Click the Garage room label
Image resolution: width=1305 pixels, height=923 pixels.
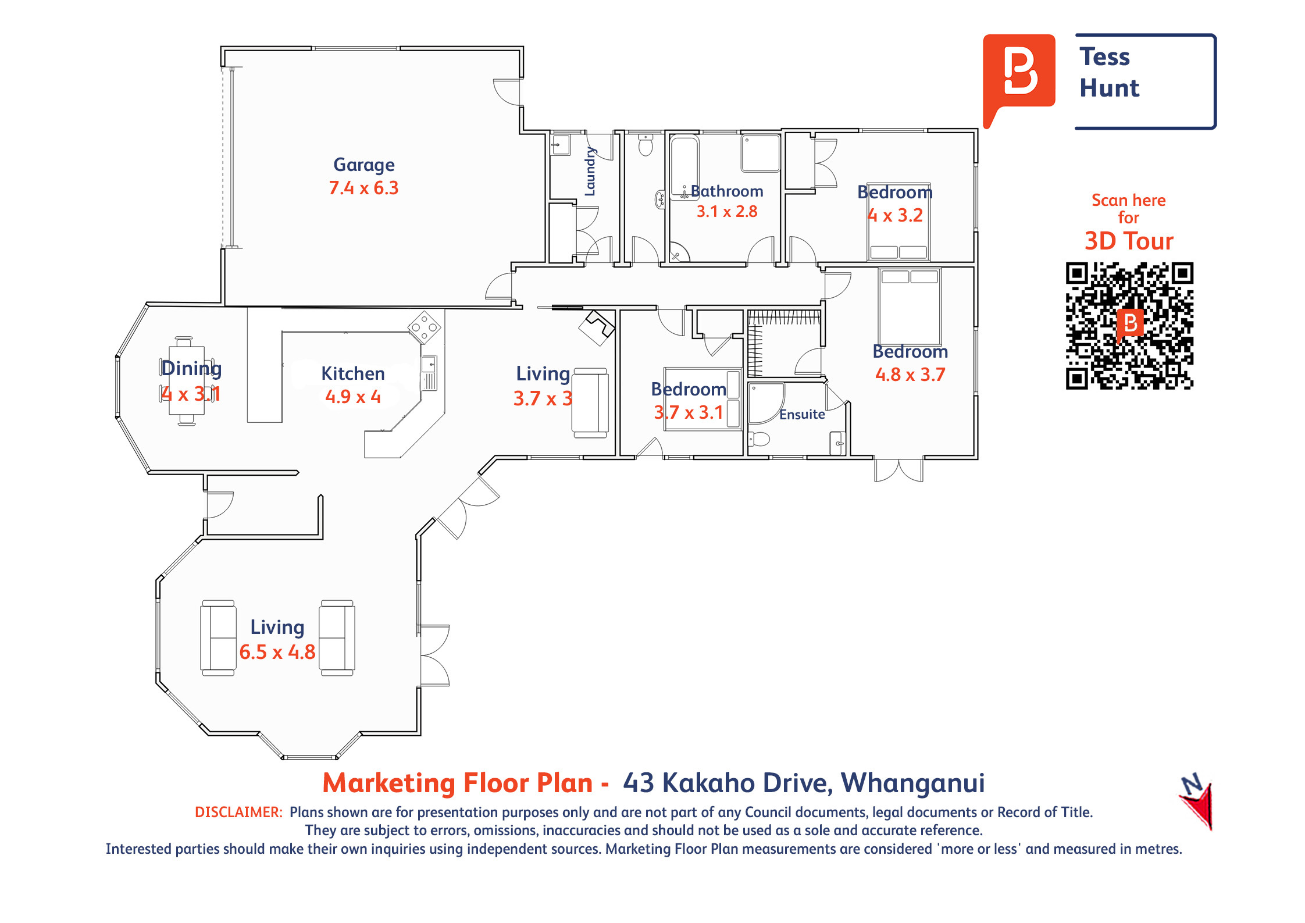(363, 165)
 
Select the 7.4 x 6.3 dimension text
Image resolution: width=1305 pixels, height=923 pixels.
(363, 188)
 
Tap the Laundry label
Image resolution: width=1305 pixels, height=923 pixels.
(590, 171)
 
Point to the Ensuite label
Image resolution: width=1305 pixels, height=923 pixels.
(802, 414)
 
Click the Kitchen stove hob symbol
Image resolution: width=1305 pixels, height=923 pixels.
(425, 327)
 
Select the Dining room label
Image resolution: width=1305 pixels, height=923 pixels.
(191, 369)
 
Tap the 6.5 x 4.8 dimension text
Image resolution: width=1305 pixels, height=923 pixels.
(277, 652)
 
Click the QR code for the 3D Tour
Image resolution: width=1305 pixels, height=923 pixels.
(1129, 326)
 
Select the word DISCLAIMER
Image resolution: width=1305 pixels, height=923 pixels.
(238, 812)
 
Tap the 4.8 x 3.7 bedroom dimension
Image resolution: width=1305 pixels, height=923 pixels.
(910, 375)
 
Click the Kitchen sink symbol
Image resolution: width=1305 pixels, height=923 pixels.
(429, 373)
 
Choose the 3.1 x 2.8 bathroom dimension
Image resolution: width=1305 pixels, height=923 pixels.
(727, 211)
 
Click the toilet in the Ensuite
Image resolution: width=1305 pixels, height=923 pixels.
(759, 439)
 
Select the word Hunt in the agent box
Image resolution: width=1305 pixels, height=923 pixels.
(1109, 88)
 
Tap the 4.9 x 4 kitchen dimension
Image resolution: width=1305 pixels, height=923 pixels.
(353, 397)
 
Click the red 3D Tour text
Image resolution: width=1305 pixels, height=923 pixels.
(1129, 241)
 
